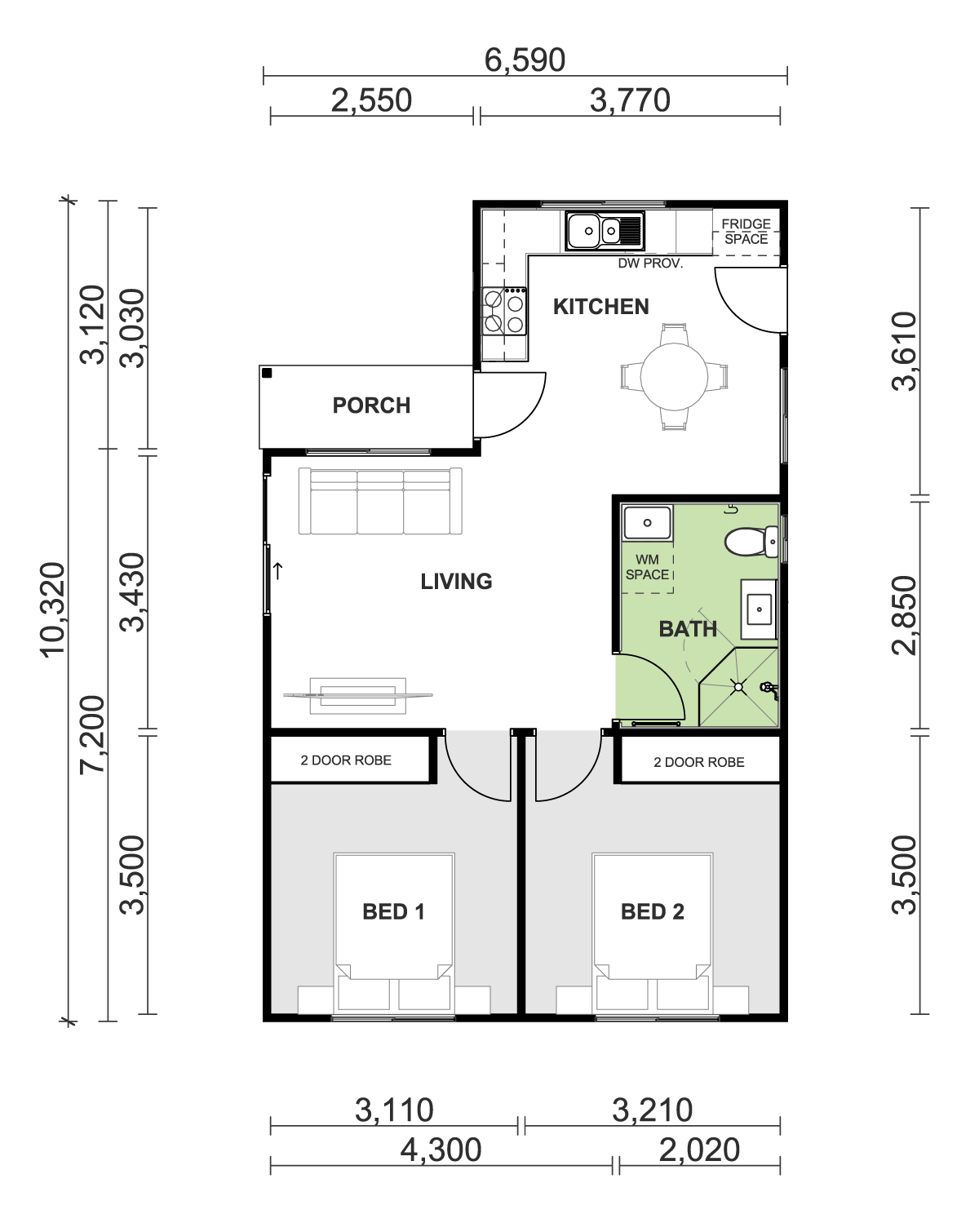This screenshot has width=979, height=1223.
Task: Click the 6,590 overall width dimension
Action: pyautogui.click(x=525, y=60)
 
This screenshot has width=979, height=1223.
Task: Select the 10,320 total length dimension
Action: pyautogui.click(x=53, y=610)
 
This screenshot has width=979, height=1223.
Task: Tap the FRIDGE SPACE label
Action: pyautogui.click(x=746, y=232)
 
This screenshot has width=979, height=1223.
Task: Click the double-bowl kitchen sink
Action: pyautogui.click(x=605, y=232)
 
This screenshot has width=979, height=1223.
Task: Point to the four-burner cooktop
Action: pyautogui.click(x=504, y=311)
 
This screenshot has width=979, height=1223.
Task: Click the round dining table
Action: pyautogui.click(x=675, y=376)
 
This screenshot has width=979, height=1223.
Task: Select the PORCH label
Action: pyautogui.click(x=371, y=405)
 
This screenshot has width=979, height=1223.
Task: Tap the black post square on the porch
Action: pyautogui.click(x=267, y=374)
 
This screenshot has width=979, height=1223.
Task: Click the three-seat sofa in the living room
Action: pyautogui.click(x=380, y=501)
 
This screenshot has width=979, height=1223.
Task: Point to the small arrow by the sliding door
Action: pyautogui.click(x=278, y=571)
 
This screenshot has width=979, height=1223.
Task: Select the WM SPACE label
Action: pyautogui.click(x=647, y=567)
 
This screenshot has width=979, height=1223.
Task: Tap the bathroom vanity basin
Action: pyautogui.click(x=759, y=609)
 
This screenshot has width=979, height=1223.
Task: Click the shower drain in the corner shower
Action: pyautogui.click(x=738, y=687)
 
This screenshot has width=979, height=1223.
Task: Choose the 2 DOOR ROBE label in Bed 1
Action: pyautogui.click(x=346, y=760)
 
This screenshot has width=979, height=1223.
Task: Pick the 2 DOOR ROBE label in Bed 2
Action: pyautogui.click(x=699, y=761)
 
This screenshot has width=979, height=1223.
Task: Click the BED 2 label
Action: pyautogui.click(x=653, y=911)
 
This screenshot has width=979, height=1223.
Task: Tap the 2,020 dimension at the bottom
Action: pyautogui.click(x=699, y=1150)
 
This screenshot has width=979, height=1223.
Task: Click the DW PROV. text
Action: pyautogui.click(x=650, y=264)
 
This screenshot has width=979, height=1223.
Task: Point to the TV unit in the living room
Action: pyautogui.click(x=358, y=695)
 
